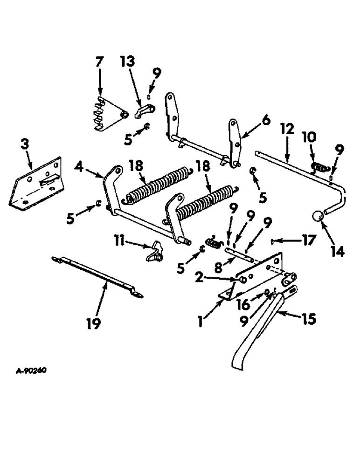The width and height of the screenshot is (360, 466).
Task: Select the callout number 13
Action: tap(127, 62)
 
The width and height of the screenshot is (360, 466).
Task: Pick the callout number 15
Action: tap(309, 319)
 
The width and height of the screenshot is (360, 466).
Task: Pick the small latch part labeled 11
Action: tap(155, 251)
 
